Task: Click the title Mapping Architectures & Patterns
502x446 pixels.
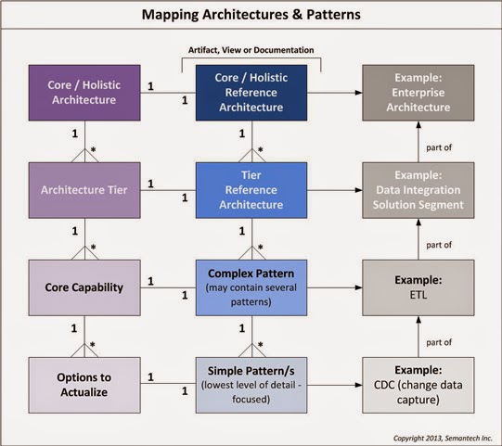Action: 251,16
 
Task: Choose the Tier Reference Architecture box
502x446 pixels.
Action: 251,190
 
